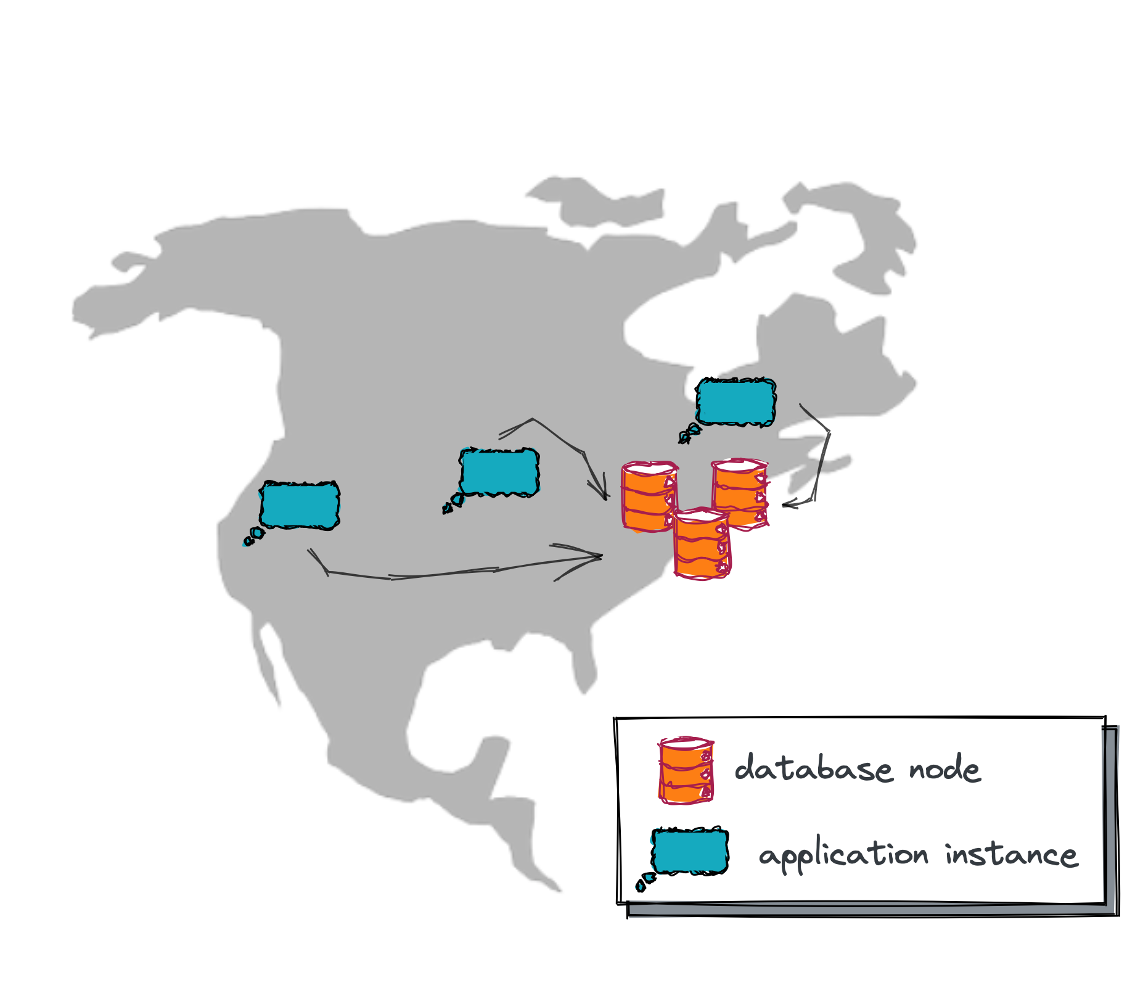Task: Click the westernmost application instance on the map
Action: (300, 505)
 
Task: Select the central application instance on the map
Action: (499, 472)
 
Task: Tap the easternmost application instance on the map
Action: (735, 402)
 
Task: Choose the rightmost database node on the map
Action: (740, 494)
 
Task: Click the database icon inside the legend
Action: (686, 770)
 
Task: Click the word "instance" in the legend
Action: (1012, 855)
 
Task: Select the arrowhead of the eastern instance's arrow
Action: (785, 505)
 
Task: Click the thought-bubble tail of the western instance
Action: (253, 537)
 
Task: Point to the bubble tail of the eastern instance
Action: (688, 434)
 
